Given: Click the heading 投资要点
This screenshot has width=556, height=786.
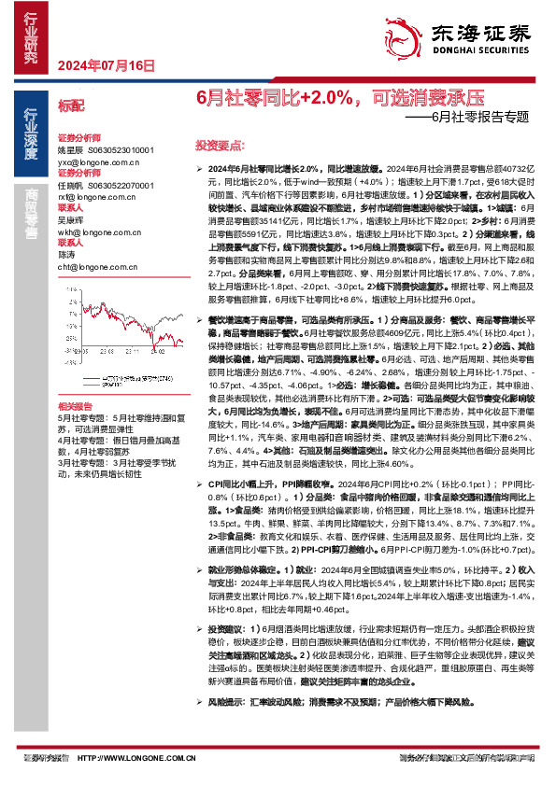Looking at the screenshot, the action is point(218,147).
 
